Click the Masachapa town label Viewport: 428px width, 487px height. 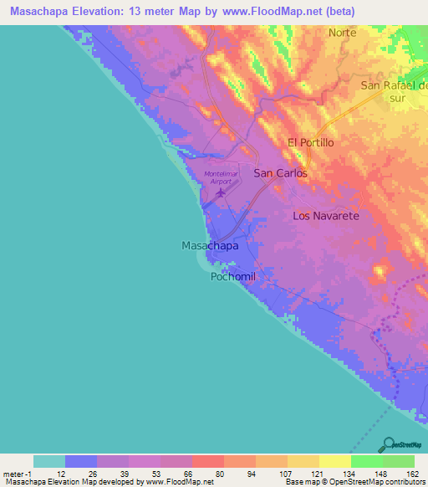210,246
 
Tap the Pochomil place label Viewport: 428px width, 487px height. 232,277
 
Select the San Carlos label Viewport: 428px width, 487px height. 280,173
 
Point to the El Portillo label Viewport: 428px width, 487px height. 310,142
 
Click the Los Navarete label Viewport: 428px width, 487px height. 325,216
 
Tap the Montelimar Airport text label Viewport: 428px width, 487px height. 221,177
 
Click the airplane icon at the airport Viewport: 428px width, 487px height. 221,193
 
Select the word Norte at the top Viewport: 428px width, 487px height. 342,33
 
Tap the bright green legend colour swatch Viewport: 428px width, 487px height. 367,461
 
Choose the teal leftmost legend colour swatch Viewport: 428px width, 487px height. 49,461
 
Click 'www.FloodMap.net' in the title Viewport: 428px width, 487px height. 281,12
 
